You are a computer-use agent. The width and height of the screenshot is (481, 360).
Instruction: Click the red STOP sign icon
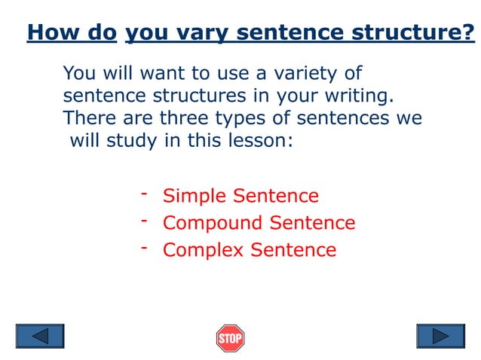[x=230, y=337]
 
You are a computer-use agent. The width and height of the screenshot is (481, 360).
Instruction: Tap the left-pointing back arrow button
[x=40, y=336]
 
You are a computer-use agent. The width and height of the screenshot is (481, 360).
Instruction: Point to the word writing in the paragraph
[x=357, y=96]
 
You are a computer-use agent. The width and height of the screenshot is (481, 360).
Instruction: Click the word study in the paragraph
[x=131, y=142]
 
